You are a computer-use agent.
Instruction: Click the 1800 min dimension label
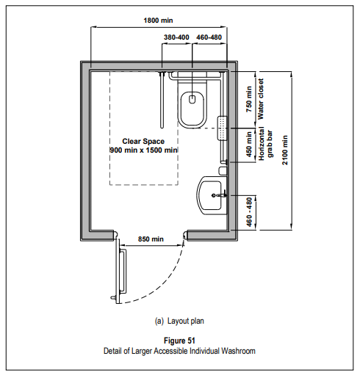coord(158,21)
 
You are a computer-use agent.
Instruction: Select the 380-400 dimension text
coord(176,37)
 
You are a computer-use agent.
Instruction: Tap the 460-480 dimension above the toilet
coord(209,37)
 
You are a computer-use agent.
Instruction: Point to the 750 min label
coord(249,99)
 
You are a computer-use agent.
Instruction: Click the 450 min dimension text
coord(249,144)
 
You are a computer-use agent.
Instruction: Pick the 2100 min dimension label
coord(285,150)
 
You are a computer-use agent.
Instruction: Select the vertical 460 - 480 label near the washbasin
coord(249,212)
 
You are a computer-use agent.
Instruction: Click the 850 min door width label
coord(151,239)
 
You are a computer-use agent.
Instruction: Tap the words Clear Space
coord(143,142)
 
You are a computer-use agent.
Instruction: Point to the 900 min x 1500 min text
coord(143,150)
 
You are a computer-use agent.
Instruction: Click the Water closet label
coord(261,99)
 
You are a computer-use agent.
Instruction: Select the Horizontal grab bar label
coord(265,144)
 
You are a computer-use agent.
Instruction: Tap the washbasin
coord(212,195)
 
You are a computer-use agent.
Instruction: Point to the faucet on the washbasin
coord(219,195)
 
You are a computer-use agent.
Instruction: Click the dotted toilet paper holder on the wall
coord(222,128)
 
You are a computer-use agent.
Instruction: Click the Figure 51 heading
coord(179,341)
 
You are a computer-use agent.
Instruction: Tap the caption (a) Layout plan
coord(179,321)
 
